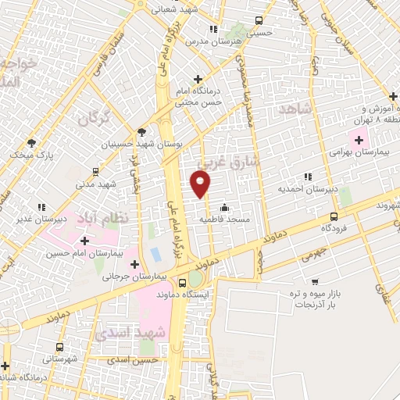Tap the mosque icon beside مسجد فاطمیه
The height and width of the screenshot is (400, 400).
tap(225, 208)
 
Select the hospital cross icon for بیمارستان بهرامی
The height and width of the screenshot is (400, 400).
tap(359, 141)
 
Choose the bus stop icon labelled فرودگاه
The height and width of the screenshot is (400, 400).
tap(334, 216)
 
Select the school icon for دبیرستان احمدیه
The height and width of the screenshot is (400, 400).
tap(309, 177)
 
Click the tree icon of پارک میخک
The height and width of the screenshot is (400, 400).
tap(31, 143)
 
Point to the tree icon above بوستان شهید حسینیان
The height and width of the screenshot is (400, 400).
tap(141, 132)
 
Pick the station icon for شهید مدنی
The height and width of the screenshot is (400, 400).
tap(95, 172)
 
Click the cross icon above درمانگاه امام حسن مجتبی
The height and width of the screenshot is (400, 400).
tap(198, 79)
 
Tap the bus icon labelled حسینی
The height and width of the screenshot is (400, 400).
tap(259, 23)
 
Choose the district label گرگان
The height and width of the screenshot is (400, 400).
tap(91, 119)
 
